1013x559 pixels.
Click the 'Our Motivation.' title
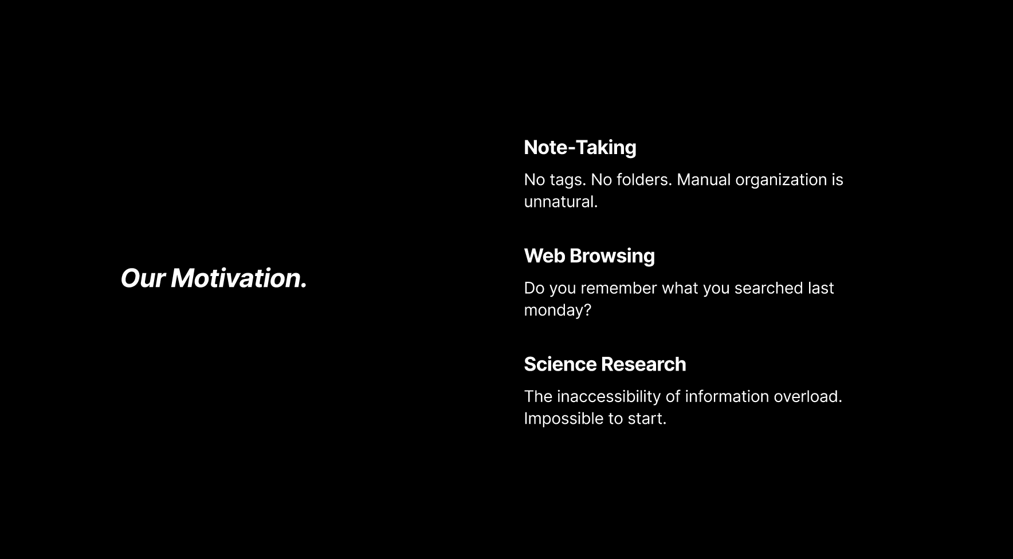pyautogui.click(x=214, y=278)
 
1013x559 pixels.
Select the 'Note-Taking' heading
pyautogui.click(x=580, y=148)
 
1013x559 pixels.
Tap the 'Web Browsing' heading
pyautogui.click(x=589, y=256)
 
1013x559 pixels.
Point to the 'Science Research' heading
pyautogui.click(x=604, y=364)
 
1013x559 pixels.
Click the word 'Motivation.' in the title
pyautogui.click(x=239, y=278)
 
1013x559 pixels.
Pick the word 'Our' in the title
pyautogui.click(x=143, y=278)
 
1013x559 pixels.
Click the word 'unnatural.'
pyautogui.click(x=561, y=202)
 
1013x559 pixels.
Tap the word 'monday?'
pyautogui.click(x=557, y=310)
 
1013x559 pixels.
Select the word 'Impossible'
pyautogui.click(x=564, y=419)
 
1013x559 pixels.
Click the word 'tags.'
pyautogui.click(x=568, y=180)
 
